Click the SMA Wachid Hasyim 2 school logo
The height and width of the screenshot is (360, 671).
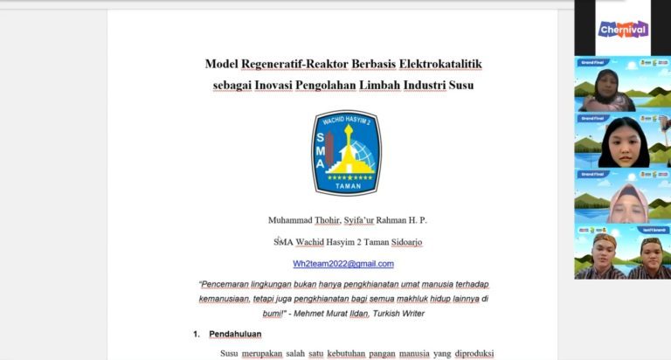pyautogui.click(x=346, y=153)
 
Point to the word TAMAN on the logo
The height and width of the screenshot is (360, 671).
pyautogui.click(x=347, y=186)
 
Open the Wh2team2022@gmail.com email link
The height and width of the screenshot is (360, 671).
pyautogui.click(x=343, y=263)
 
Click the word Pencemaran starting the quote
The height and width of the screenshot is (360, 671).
pyautogui.click(x=232, y=284)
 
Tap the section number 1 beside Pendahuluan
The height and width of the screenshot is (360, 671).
pyautogui.click(x=197, y=334)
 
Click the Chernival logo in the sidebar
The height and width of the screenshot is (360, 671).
pyautogui.click(x=623, y=29)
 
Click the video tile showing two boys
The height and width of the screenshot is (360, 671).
pyautogui.click(x=622, y=253)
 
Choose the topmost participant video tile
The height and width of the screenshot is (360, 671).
pyautogui.click(x=622, y=85)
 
